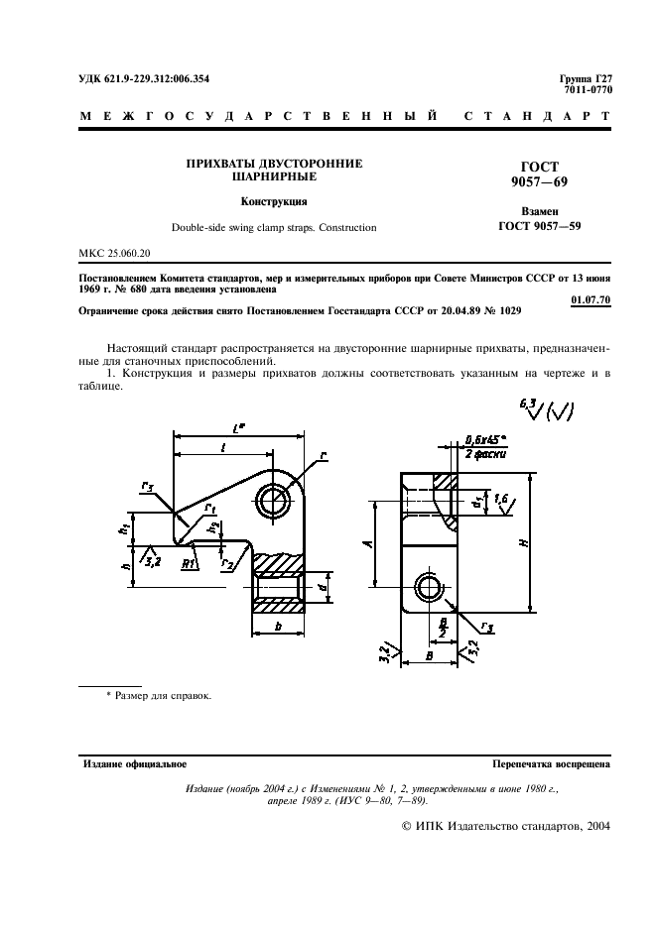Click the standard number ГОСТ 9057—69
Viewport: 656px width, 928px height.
tap(540, 174)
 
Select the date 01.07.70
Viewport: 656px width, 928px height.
tap(591, 299)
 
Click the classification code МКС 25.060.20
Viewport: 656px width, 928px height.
tap(114, 255)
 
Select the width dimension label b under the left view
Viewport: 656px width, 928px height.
tap(278, 628)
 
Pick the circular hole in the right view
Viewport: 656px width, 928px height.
tap(431, 588)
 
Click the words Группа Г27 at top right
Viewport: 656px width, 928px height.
tap(587, 78)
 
